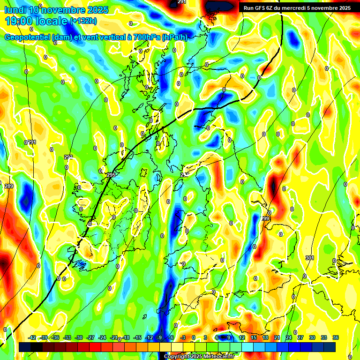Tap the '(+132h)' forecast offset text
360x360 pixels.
83,21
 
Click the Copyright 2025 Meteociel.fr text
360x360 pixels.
199,356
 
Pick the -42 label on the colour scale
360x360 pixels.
32,337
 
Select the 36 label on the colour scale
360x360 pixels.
336,337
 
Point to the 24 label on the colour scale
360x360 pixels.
289,337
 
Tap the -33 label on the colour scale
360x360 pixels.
67,337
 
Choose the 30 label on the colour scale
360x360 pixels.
312,337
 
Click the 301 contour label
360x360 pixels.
309,258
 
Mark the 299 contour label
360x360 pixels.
265,219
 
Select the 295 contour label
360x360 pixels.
111,175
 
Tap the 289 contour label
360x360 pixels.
9,186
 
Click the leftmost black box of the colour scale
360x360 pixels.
25,347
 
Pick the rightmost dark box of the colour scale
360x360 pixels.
330,347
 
